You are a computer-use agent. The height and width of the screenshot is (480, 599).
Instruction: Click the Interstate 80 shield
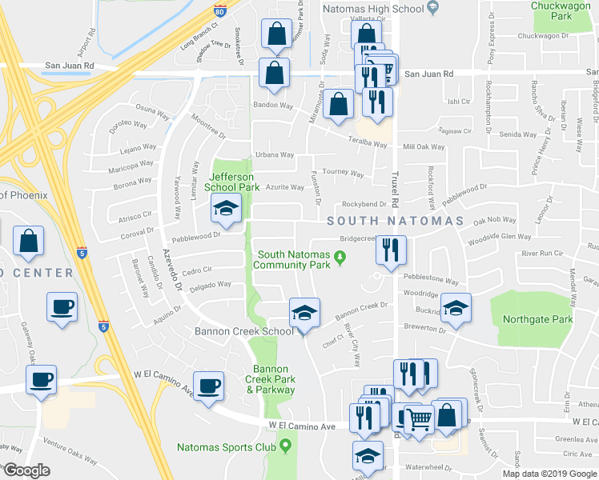coord(221,9)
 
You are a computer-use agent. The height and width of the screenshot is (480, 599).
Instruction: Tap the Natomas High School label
coord(372,8)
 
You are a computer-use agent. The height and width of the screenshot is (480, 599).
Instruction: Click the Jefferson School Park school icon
coord(226,210)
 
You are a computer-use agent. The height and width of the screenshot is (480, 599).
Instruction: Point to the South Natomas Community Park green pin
coord(340,256)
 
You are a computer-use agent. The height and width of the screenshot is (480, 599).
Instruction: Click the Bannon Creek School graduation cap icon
coord(304,314)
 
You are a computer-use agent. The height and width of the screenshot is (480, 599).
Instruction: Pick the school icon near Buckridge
coord(456,308)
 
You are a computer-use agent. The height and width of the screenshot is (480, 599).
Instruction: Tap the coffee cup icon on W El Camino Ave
coord(210,387)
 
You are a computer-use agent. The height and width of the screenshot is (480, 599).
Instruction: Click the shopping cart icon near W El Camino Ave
coord(419,418)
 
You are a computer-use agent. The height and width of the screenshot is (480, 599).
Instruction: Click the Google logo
coord(27,470)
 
